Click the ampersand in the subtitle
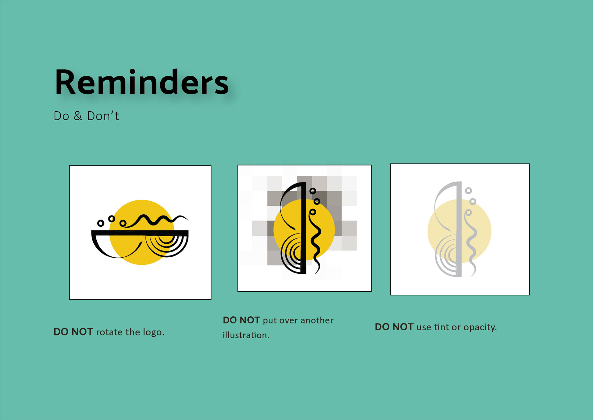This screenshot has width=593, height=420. coord(78,116)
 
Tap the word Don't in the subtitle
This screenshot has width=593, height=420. coord(103,116)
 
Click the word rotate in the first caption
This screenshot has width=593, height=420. coord(109,332)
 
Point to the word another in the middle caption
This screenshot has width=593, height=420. coord(317,320)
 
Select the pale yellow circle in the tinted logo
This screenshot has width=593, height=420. coord(460,231)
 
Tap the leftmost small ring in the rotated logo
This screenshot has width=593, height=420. coord(101,223)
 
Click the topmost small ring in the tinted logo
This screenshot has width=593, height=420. coord(468,191)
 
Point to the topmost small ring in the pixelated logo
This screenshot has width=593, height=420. coord(313,191)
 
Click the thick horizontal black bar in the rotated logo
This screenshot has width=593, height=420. coord(140,233)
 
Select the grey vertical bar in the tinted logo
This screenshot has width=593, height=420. coord(459,229)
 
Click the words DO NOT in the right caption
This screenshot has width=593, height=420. coord(394,327)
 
